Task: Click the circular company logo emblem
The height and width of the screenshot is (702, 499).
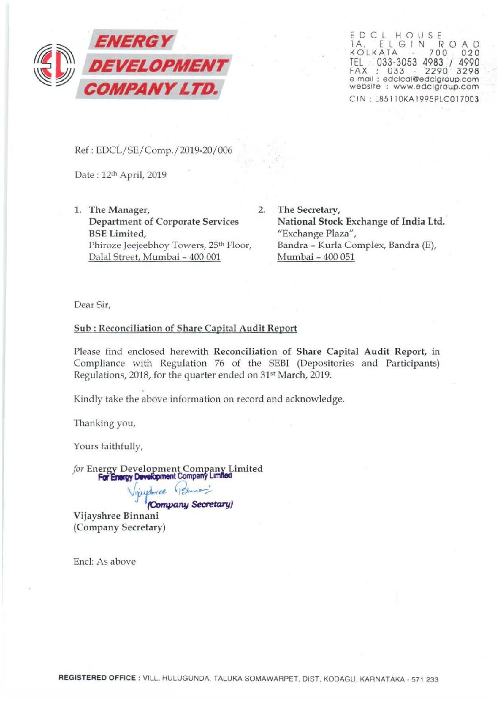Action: pos(55,65)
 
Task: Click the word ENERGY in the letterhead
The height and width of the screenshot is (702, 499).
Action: pos(133,41)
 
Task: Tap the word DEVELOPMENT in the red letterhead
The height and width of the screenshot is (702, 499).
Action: pos(158,65)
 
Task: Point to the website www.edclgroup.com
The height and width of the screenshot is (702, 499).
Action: pos(436,87)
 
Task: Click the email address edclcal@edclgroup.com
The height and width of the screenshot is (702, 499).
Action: pos(430,79)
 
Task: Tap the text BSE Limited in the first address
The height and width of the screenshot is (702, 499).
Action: pos(117,233)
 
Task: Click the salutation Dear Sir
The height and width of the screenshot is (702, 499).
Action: pos(92,305)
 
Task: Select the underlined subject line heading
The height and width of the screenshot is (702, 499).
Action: pos(185,328)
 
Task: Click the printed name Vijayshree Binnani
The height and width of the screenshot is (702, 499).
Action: pos(116,516)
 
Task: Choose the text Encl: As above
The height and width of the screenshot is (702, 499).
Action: pos(104,562)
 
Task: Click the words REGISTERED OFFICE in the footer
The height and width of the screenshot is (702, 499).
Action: pos(97,678)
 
